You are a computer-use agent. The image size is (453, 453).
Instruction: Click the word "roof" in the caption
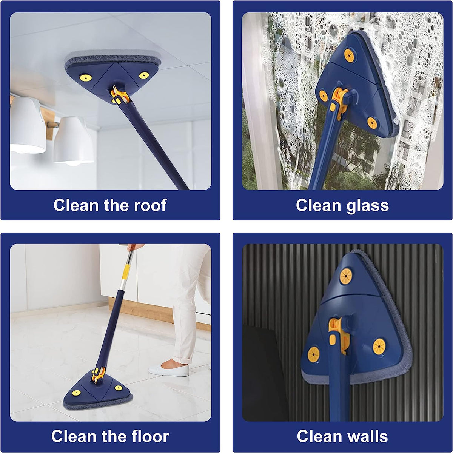click(x=150, y=205)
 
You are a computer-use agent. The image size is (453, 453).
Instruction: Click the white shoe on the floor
click(x=169, y=370)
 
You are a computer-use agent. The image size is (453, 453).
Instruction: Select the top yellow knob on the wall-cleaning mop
click(x=346, y=276)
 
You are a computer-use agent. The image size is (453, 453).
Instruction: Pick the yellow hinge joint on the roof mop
click(x=119, y=96)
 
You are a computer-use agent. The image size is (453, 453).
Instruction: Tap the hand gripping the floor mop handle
click(x=134, y=247)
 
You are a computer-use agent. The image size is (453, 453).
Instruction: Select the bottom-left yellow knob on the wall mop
click(x=314, y=354)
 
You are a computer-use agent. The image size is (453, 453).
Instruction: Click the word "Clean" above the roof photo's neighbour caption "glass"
click(x=319, y=205)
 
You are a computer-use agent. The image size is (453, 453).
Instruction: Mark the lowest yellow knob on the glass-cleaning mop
click(x=372, y=123)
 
